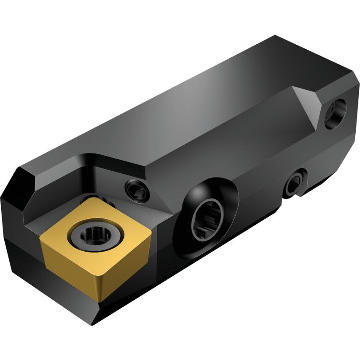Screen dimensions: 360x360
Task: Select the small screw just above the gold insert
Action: coord(138,190)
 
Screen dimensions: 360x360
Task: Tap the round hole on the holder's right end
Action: coord(335,113)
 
